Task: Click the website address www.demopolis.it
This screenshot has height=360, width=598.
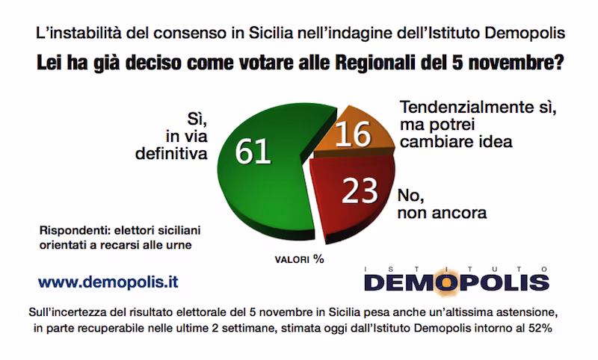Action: click(x=108, y=284)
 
